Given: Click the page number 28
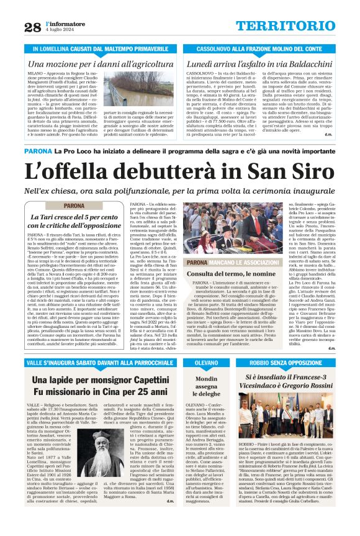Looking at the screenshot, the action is (32, 27).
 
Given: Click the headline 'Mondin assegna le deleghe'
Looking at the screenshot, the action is (207, 386).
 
